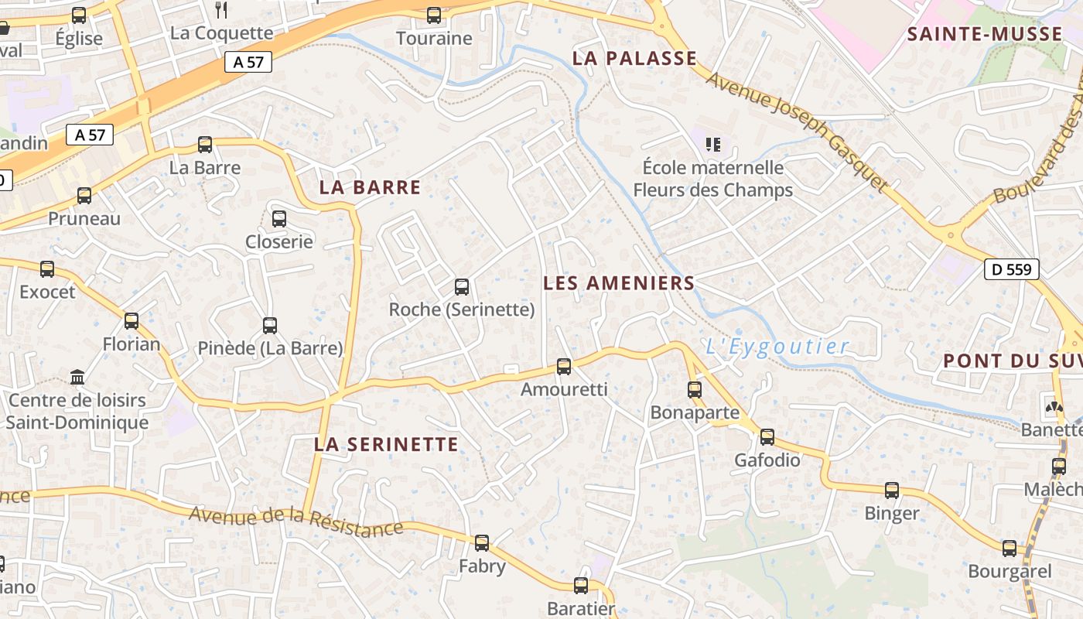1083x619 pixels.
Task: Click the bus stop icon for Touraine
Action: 434,15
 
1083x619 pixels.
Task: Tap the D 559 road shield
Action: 1011,269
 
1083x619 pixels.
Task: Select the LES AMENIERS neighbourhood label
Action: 619,283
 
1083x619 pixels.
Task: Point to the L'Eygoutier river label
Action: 777,347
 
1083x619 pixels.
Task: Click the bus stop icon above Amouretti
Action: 564,366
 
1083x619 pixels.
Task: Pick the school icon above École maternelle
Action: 713,144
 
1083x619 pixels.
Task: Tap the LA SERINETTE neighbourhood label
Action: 386,444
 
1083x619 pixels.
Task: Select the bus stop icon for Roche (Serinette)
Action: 462,287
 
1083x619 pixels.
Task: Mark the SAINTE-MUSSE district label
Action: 985,34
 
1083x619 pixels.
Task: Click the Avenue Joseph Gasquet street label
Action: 796,131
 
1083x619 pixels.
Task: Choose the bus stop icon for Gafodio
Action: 767,437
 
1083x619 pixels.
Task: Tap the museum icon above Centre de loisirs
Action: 77,378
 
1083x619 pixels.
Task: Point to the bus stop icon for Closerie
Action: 279,219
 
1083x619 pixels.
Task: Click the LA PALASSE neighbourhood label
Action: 634,59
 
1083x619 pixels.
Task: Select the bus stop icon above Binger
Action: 892,490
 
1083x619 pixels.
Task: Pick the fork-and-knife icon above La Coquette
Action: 222,9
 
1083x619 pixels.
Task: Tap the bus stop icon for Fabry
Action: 482,543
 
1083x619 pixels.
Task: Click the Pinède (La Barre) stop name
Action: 270,348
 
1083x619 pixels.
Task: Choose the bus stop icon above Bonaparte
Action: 695,389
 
